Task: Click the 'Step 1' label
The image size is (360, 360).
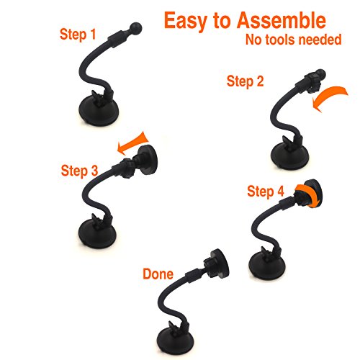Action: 78,35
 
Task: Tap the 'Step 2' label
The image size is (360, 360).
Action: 245,81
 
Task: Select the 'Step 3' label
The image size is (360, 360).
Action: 79,171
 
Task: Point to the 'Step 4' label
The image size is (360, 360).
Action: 266,192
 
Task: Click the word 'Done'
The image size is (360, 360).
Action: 158,274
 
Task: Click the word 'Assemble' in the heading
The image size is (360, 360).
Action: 282,21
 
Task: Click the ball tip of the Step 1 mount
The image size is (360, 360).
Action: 136,28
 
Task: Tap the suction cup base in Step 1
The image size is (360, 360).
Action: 99,111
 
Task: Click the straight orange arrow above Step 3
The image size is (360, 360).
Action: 133,143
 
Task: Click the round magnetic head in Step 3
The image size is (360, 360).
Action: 147,160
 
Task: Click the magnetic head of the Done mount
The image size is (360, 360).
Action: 218,264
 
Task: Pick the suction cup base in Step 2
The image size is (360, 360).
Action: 289,156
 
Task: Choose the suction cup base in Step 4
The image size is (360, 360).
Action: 267,266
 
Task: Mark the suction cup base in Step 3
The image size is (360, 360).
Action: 97,234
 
